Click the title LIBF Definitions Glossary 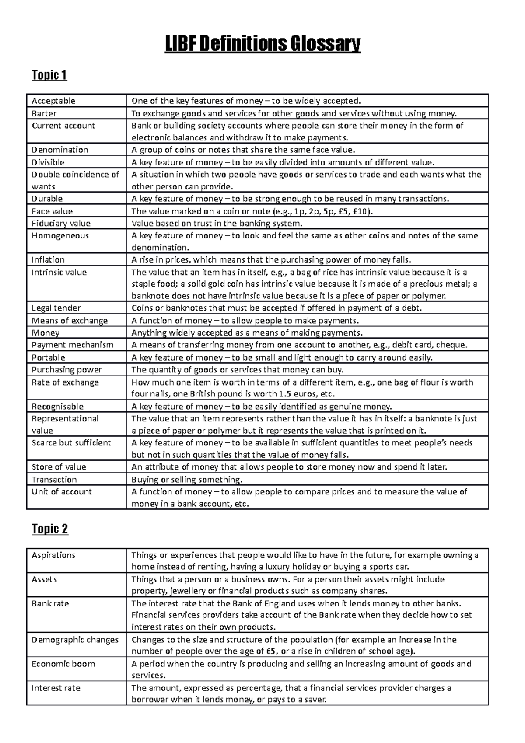click(262, 45)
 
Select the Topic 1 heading click(49, 75)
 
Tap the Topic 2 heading click(49, 529)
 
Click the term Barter click(44, 113)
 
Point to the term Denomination click(59, 150)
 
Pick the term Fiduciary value click(61, 223)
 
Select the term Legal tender click(56, 308)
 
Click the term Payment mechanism click(72, 345)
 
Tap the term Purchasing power click(66, 370)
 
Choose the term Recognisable click(57, 407)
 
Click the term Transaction click(54, 480)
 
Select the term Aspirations click(53, 555)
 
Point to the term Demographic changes click(75, 640)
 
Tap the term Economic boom click(63, 664)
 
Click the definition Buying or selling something click(187, 480)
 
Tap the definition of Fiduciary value click(217, 224)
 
